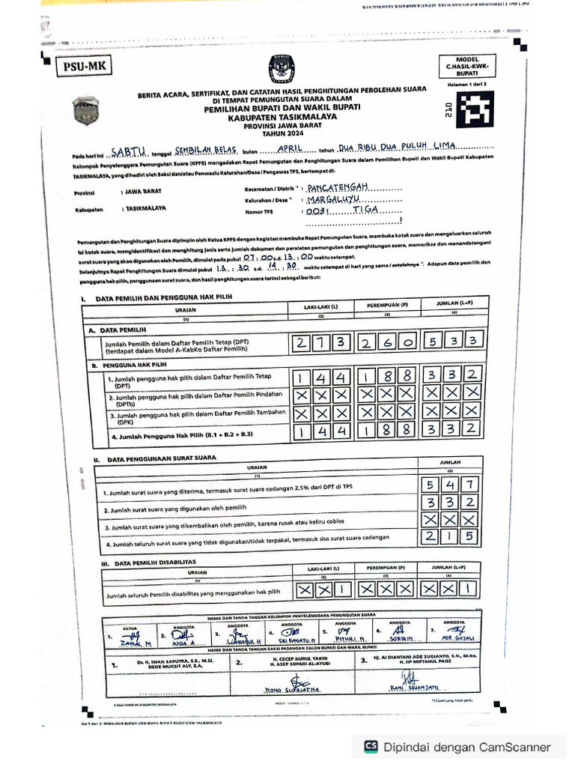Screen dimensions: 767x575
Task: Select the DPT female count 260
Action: (387, 343)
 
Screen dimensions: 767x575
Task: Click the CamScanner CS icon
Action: (371, 747)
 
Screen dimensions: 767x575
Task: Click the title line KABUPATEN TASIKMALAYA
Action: (282, 118)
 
